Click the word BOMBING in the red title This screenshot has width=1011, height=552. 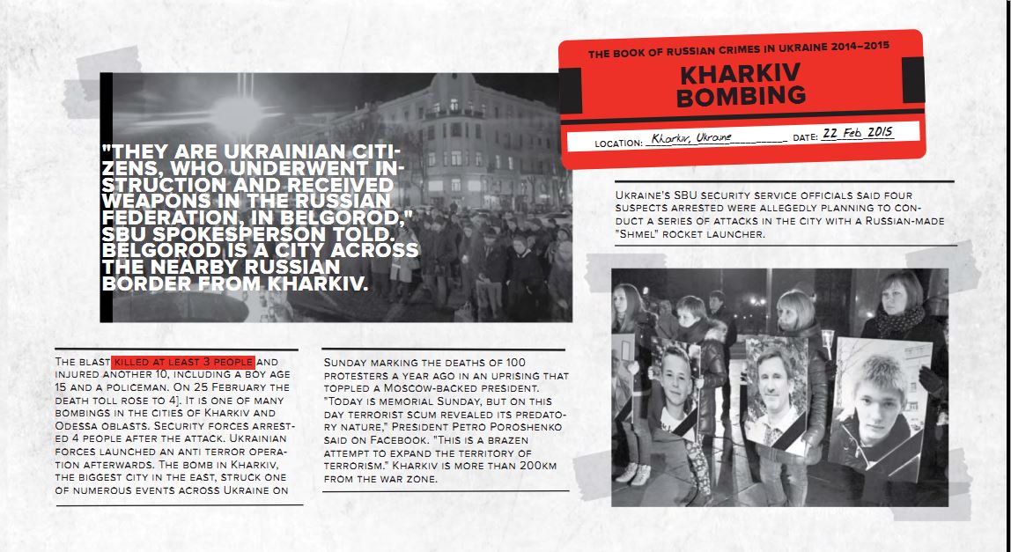(x=741, y=96)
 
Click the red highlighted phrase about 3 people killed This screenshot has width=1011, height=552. (x=183, y=362)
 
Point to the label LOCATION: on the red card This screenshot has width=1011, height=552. (x=617, y=143)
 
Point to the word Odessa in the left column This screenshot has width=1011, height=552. (x=73, y=424)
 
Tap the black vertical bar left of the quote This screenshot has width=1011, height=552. (x=107, y=198)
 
